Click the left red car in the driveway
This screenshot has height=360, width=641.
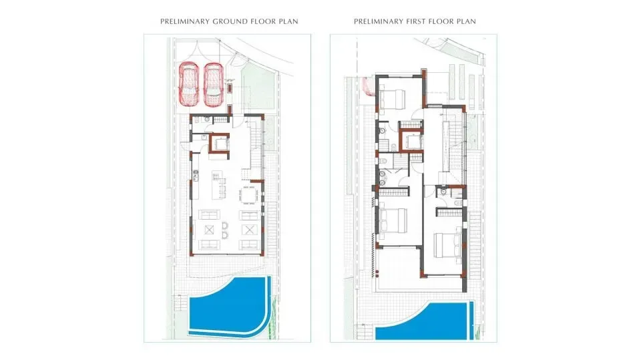click(x=190, y=84)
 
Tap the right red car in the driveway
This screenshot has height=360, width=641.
click(x=213, y=84)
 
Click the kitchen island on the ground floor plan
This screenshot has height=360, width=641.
click(x=216, y=185)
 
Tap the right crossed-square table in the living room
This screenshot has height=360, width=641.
click(x=250, y=230)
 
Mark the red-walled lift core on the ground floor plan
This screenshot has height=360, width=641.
click(x=220, y=144)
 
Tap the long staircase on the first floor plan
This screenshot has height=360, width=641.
click(x=455, y=140)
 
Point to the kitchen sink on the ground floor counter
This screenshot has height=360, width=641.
click(x=196, y=176)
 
